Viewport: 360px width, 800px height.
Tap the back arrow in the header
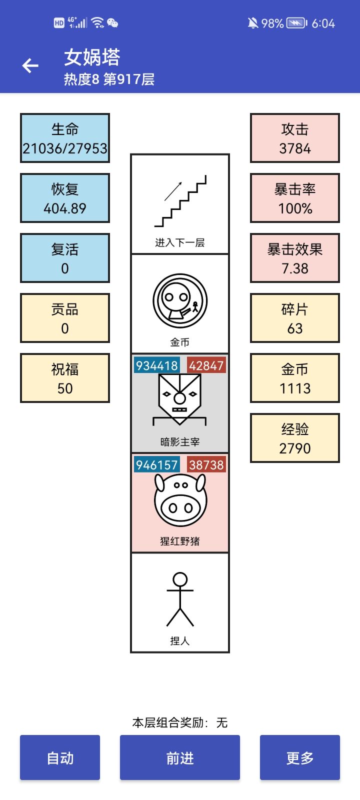click(30, 65)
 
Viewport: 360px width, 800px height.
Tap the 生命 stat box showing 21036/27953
click(64, 138)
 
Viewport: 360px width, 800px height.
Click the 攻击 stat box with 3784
click(294, 138)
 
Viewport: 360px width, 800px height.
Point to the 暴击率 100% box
click(294, 198)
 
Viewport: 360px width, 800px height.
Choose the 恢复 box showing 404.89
click(64, 198)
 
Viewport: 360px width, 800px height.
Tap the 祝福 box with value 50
click(64, 378)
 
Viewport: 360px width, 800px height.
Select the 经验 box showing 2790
click(294, 438)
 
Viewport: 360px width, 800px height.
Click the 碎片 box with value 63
click(294, 318)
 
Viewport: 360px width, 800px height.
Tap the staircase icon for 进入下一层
click(180, 200)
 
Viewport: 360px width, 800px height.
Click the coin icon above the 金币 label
click(180, 301)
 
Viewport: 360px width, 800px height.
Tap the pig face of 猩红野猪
click(180, 500)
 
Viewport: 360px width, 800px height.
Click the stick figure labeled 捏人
click(180, 599)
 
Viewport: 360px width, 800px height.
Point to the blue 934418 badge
click(157, 365)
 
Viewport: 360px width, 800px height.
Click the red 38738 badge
click(206, 465)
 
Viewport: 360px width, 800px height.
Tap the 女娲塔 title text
click(92, 57)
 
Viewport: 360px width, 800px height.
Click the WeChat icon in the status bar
click(112, 23)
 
